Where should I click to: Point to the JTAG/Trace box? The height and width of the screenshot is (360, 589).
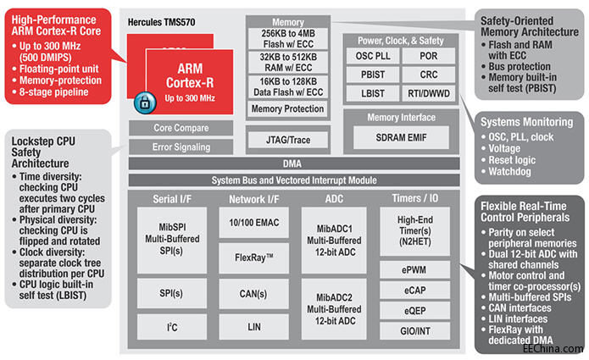click(276, 139)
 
